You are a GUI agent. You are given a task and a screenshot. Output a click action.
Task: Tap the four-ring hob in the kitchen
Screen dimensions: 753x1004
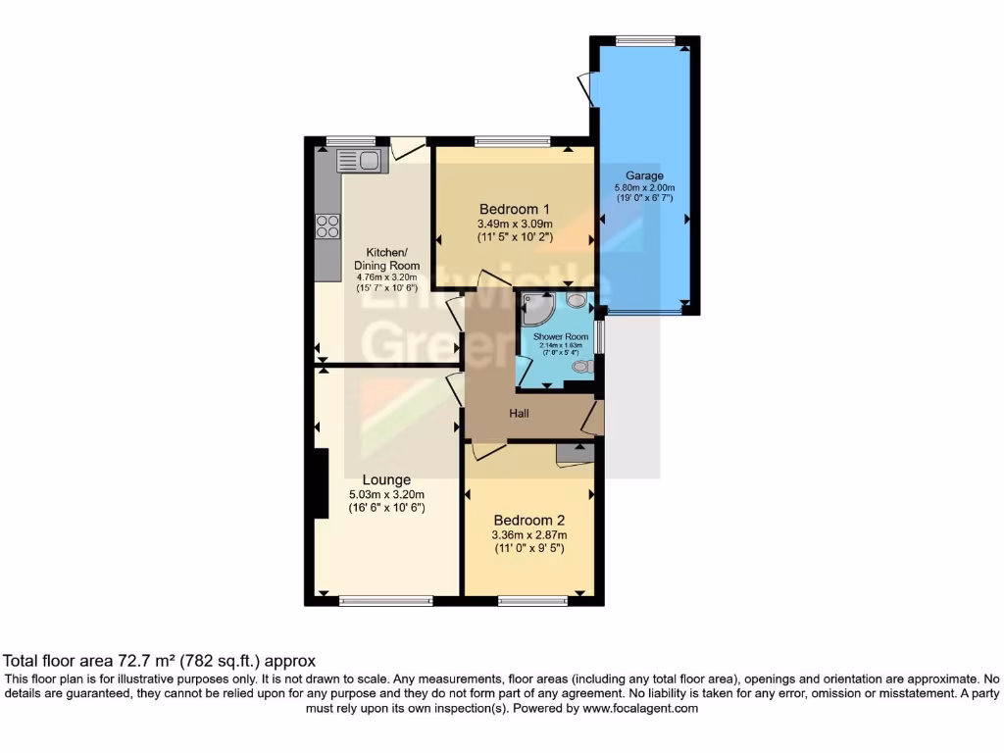coord(327,226)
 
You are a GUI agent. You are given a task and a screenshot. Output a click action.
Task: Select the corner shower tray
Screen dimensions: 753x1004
coord(535,310)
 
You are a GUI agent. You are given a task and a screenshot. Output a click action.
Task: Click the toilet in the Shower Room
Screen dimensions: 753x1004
coord(583,367)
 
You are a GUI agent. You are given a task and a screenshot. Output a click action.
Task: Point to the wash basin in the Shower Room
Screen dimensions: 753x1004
coord(576,300)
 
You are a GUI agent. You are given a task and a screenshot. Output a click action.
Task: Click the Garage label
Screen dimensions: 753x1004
coord(644,176)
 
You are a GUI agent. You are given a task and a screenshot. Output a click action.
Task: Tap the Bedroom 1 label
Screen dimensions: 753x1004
coord(514,209)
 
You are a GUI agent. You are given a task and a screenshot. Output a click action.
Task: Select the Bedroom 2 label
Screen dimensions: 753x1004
coord(528,520)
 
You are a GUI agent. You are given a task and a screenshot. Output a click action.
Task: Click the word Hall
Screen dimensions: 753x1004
coord(519,414)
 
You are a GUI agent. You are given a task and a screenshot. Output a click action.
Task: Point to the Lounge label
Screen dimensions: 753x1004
coord(386,479)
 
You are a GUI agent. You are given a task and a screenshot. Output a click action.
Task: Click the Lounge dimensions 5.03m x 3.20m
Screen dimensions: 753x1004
coord(386,495)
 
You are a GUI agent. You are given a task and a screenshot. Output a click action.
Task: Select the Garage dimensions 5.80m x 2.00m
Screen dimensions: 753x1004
coord(644,188)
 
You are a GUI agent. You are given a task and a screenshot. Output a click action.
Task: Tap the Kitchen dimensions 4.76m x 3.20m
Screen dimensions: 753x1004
coord(386,277)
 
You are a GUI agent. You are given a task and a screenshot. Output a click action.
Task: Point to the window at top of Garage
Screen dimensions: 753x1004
coord(644,40)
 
